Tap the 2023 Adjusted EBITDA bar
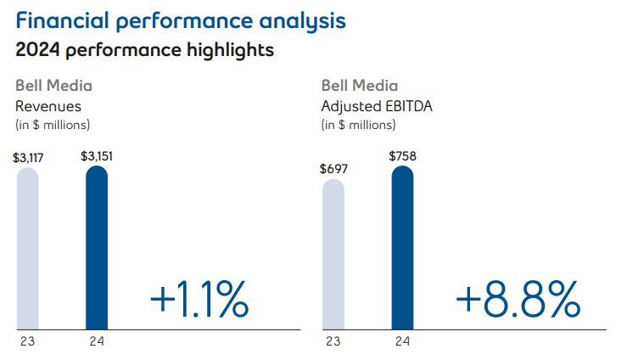(333, 254)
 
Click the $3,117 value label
(29, 156)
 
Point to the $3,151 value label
(98, 155)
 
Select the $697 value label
(333, 167)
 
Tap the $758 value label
(402, 155)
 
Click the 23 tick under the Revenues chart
(28, 342)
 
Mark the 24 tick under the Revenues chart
(98, 342)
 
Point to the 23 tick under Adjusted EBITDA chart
(333, 342)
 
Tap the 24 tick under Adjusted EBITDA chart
(402, 342)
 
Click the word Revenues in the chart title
(48, 106)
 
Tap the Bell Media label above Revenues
(54, 86)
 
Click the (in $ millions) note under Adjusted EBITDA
(358, 125)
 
